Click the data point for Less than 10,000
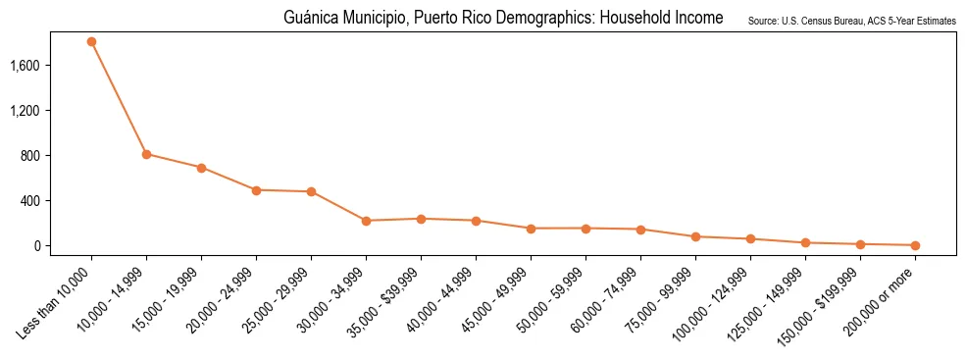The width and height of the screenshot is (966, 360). (91, 42)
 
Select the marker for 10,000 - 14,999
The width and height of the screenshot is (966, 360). (146, 154)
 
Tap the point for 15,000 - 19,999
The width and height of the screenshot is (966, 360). (201, 168)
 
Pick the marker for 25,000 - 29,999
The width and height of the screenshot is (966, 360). (311, 191)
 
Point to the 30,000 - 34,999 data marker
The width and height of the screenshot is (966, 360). (366, 221)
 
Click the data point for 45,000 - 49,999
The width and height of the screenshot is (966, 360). (531, 229)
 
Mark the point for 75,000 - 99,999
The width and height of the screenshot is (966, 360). (695, 236)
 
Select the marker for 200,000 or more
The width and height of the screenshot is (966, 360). (915, 245)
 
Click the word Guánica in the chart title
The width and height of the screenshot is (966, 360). (308, 19)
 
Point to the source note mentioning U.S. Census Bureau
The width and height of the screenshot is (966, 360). (851, 21)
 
